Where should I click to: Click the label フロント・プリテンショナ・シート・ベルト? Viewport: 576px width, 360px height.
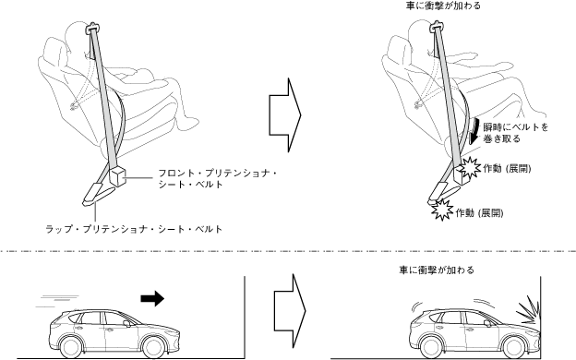(x=218, y=178)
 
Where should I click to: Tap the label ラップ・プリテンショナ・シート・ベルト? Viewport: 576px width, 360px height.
(x=134, y=229)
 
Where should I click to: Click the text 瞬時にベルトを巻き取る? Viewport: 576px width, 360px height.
(x=516, y=133)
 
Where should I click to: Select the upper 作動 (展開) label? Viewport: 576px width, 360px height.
(x=508, y=169)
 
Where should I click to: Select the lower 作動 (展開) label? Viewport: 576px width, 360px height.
(x=480, y=212)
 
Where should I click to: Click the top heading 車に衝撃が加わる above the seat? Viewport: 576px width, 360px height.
(x=443, y=6)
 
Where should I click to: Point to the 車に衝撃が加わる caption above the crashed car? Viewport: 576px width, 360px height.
(x=437, y=270)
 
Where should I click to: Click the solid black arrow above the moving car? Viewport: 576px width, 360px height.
(x=152, y=298)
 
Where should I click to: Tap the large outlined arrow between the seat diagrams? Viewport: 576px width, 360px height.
(x=285, y=115)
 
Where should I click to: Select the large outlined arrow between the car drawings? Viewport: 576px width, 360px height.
(x=290, y=311)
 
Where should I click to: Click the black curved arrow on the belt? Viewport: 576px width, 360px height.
(x=475, y=132)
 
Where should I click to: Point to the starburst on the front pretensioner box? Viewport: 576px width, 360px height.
(x=470, y=168)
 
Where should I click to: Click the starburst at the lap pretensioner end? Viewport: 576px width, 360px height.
(x=442, y=210)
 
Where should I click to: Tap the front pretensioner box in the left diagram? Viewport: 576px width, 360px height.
(x=117, y=175)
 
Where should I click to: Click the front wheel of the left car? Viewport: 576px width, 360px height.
(x=153, y=347)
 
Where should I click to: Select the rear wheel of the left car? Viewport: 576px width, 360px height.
(x=70, y=347)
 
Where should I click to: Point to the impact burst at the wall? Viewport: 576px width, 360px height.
(x=527, y=311)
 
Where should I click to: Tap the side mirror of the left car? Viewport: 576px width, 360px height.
(x=126, y=324)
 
